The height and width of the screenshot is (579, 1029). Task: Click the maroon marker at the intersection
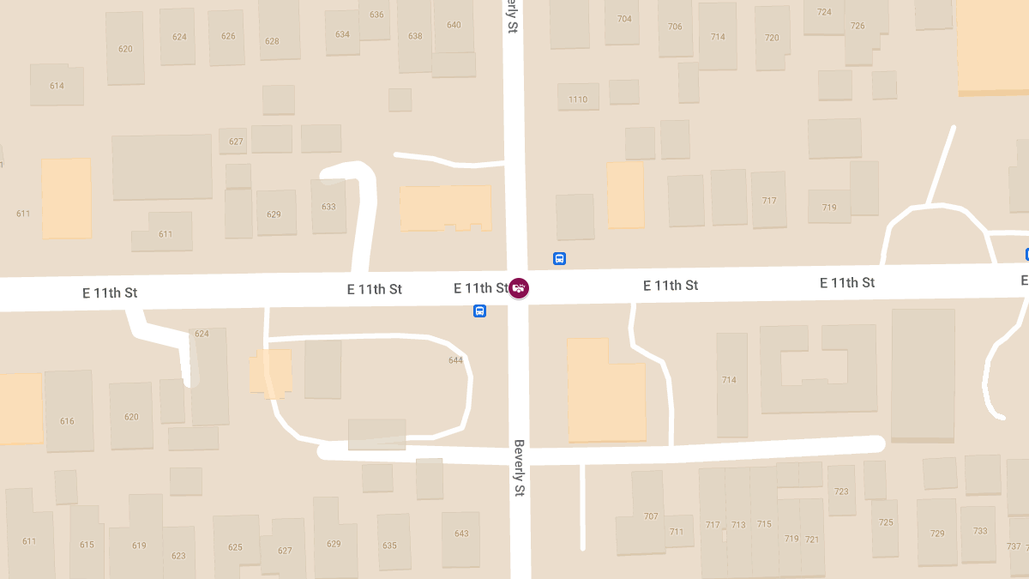tap(519, 288)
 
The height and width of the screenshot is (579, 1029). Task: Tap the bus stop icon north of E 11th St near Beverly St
tap(559, 258)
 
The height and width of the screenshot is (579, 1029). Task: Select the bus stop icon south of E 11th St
tap(479, 311)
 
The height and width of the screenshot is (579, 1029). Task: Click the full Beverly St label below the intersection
tap(519, 468)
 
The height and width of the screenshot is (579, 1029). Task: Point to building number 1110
tap(578, 100)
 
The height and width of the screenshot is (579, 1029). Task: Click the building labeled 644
tap(455, 360)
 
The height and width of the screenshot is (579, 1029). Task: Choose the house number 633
tap(328, 207)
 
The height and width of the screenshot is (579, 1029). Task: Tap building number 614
tap(57, 86)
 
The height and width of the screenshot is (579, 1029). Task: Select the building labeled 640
tap(454, 25)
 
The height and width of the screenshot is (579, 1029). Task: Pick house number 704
tap(624, 19)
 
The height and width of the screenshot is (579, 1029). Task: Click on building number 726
tap(857, 26)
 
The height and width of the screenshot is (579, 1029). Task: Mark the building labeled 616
tap(67, 421)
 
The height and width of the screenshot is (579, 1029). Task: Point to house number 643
tap(461, 534)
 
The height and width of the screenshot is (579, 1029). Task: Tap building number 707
tap(651, 516)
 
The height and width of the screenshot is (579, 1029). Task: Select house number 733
tap(980, 531)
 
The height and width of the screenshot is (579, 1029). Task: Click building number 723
tap(841, 492)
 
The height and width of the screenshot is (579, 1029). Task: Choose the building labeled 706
tap(675, 27)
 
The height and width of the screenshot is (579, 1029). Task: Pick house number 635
tap(389, 546)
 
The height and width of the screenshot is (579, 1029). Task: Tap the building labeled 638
tap(415, 36)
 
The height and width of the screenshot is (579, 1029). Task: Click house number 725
tap(886, 522)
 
